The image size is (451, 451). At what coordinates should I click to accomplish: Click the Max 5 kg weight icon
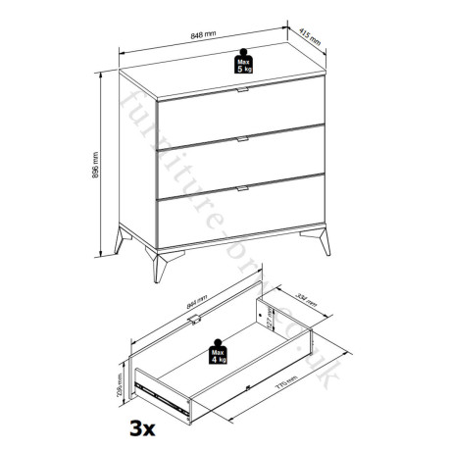[242, 63]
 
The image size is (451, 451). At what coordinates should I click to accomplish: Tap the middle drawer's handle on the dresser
[241, 141]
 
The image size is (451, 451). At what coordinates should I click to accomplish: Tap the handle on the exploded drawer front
[199, 318]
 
